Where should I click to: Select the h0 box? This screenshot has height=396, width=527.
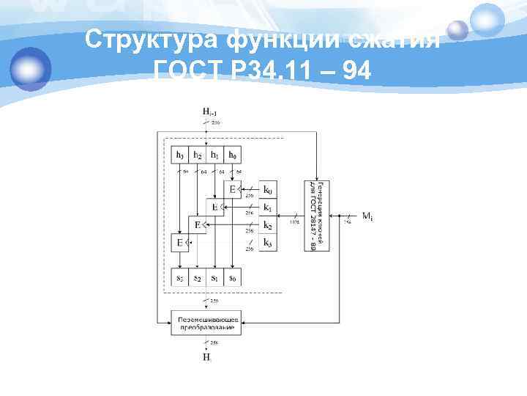[232, 155]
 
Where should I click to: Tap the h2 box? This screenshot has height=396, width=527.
[198, 155]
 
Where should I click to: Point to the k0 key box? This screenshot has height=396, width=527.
[269, 191]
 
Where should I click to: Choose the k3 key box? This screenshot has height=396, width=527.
[269, 243]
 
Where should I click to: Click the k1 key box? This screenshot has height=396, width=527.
[269, 208]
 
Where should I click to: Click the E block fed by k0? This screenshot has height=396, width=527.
[233, 190]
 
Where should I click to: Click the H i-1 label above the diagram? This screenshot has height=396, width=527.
[209, 111]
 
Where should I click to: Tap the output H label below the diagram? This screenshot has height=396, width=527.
[207, 358]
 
